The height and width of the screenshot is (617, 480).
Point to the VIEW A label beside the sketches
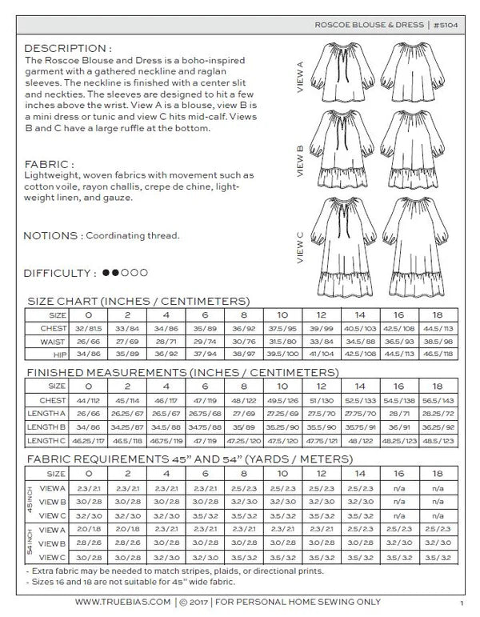(x=300, y=77)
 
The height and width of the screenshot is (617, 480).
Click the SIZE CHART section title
(x=138, y=301)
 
